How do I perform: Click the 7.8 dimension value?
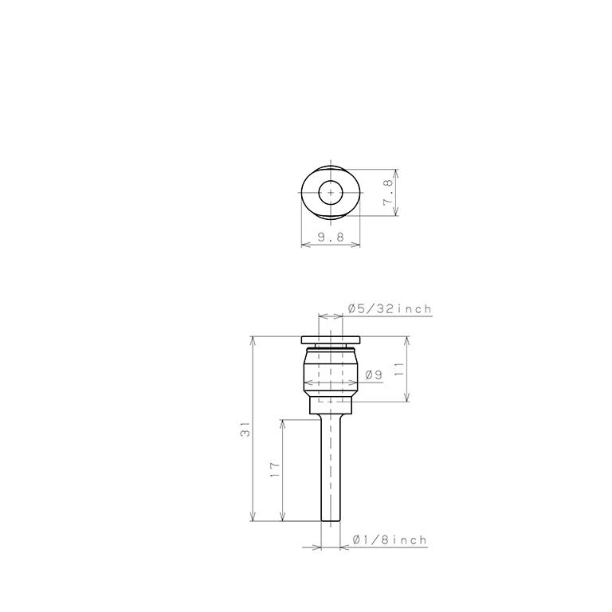click(389, 192)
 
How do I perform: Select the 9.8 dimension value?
click(331, 237)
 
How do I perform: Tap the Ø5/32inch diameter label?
click(390, 308)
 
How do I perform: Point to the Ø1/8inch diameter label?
click(390, 539)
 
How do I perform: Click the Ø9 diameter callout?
click(374, 375)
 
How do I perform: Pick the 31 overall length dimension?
click(245, 429)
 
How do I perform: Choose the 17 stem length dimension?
click(275, 469)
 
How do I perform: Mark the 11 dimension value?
click(399, 369)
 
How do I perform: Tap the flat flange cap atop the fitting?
click(331, 340)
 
